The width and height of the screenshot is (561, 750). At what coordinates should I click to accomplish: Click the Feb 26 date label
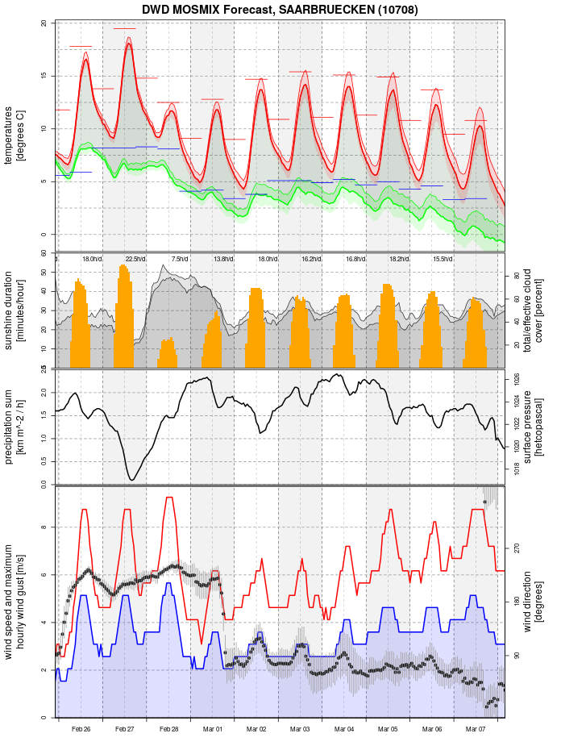[81, 729]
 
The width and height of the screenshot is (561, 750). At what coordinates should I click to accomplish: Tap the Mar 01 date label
[213, 729]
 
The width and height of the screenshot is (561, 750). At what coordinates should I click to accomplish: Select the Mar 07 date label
[476, 729]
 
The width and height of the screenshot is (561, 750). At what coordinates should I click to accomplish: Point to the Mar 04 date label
[344, 729]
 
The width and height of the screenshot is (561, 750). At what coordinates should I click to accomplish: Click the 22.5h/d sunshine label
[135, 259]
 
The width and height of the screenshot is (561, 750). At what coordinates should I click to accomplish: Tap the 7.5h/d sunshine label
[180, 259]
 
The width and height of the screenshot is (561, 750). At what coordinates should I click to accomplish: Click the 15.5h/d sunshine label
[442, 259]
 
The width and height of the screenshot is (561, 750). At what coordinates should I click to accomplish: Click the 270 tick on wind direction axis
[517, 548]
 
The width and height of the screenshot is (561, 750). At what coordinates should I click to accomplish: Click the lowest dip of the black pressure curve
[131, 480]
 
